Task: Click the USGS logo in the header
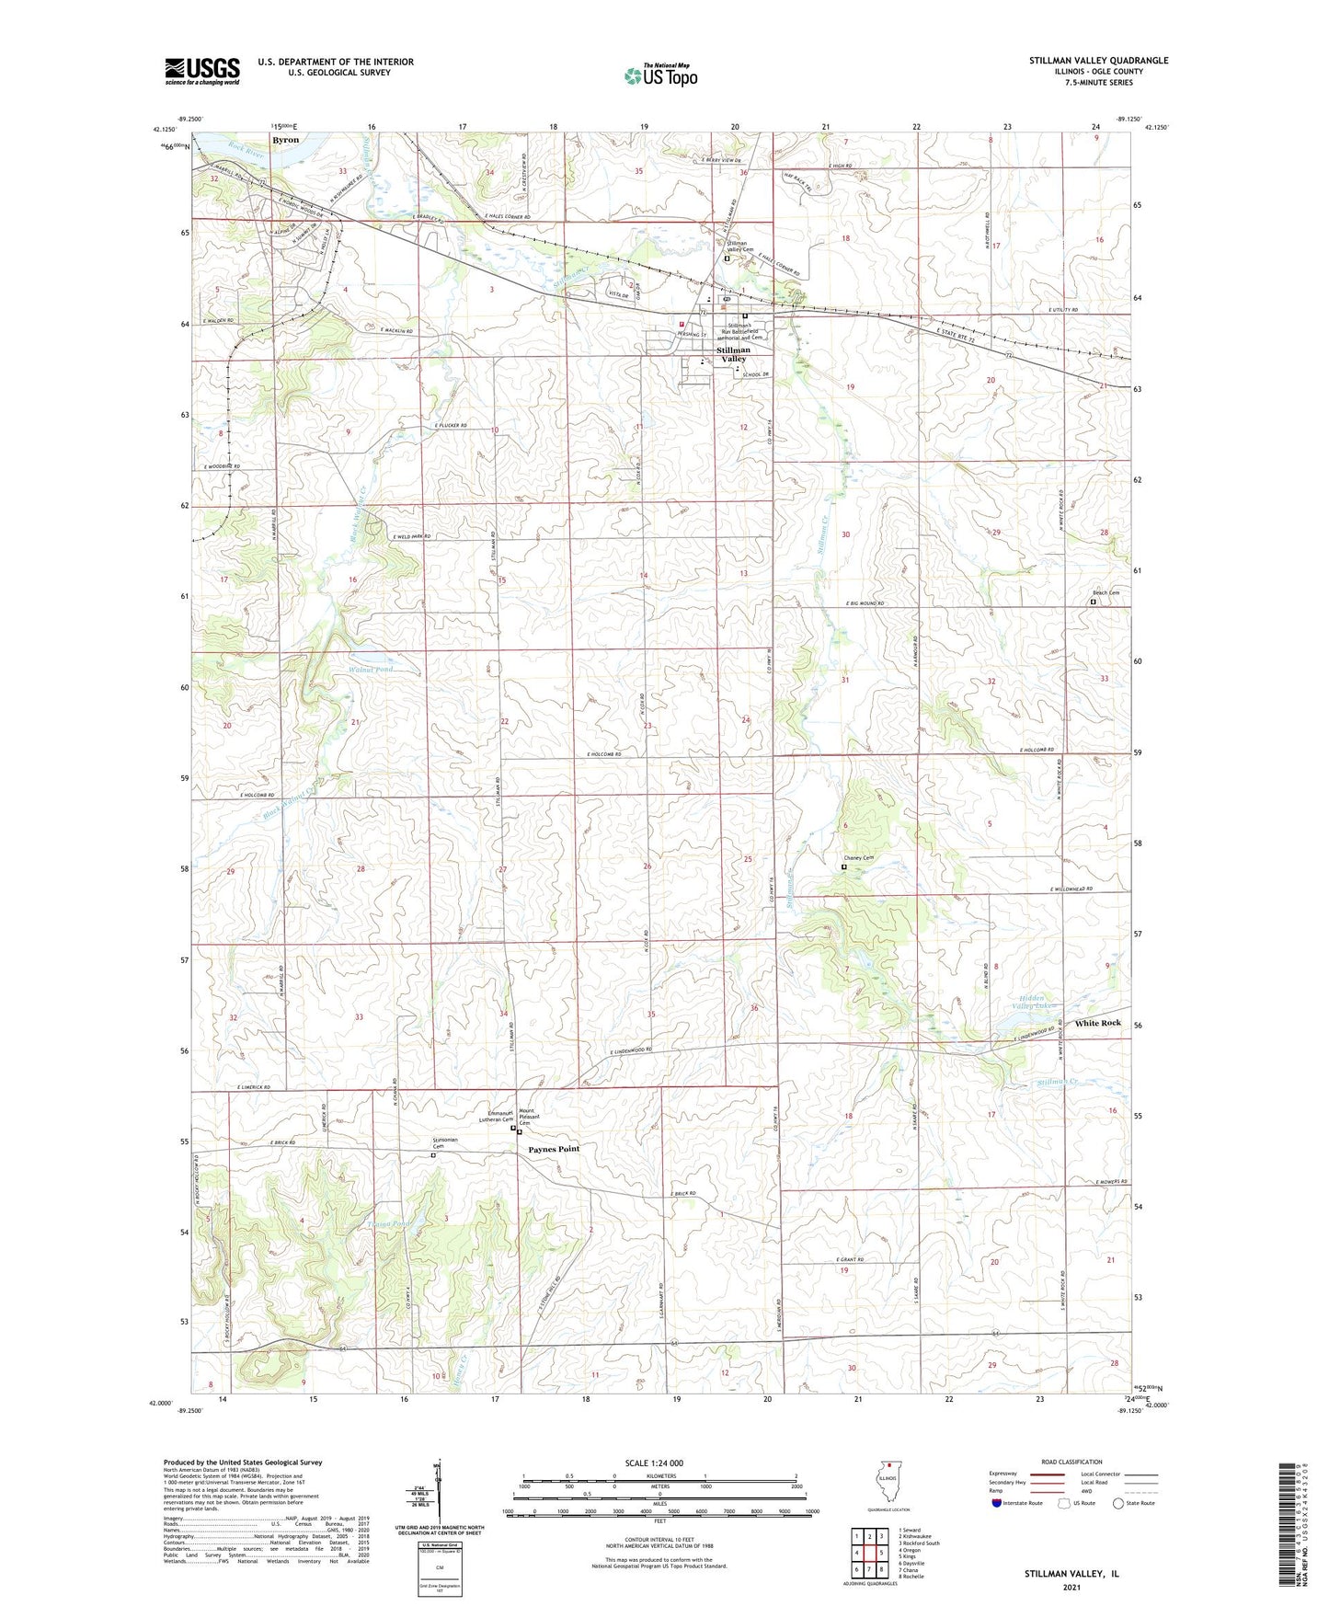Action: [x=202, y=70]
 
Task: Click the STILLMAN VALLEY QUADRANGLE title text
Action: [x=1098, y=61]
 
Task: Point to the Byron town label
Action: [x=285, y=140]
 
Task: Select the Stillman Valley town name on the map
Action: [x=733, y=354]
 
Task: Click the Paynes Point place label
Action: [x=554, y=1149]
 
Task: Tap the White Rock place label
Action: [x=1097, y=1023]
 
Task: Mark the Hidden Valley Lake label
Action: [x=1035, y=1003]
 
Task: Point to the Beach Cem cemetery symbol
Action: [x=1093, y=602]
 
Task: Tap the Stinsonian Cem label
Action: [x=444, y=1143]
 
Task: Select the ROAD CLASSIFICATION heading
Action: [x=1071, y=1462]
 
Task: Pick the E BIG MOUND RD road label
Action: [x=864, y=603]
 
